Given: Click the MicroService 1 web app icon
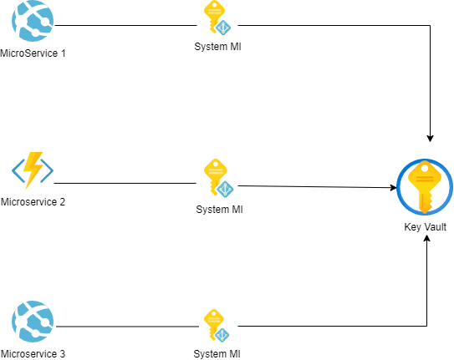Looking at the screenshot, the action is [x=33, y=21].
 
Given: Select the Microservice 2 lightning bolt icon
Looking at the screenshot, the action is [x=33, y=170].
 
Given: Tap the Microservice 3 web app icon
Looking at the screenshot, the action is [x=33, y=322].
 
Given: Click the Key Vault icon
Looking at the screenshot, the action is [x=425, y=187].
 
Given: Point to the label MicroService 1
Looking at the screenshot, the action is [x=33, y=53].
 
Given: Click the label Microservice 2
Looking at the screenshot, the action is [x=33, y=202].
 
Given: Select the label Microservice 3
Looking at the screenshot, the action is [x=33, y=354].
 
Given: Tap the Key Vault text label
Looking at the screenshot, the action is [x=425, y=227].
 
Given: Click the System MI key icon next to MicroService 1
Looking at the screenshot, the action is [x=217, y=18].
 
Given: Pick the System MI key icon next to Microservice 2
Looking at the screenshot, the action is [x=218, y=178].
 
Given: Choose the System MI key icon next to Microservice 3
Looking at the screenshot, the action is [x=217, y=326].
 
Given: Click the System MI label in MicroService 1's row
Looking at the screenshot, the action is [x=217, y=47].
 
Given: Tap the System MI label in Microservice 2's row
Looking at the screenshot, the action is [x=219, y=210].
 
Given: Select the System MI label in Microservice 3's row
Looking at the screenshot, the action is [x=217, y=354].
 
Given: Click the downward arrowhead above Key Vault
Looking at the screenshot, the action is [x=430, y=138].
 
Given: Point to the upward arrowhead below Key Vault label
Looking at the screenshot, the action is [x=426, y=239].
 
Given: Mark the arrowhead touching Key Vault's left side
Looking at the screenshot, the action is [x=393, y=188].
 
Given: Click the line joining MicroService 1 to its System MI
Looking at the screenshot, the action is [x=125, y=25].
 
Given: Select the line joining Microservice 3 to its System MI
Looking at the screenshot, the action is [x=127, y=327].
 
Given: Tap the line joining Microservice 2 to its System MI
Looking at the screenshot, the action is [x=125, y=183].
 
